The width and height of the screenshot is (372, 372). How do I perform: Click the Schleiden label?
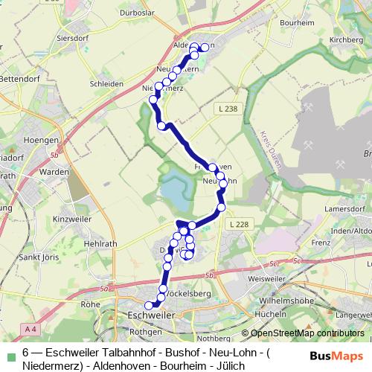107,84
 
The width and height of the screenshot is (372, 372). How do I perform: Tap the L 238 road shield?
229,109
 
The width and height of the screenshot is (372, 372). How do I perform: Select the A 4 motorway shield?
30,328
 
